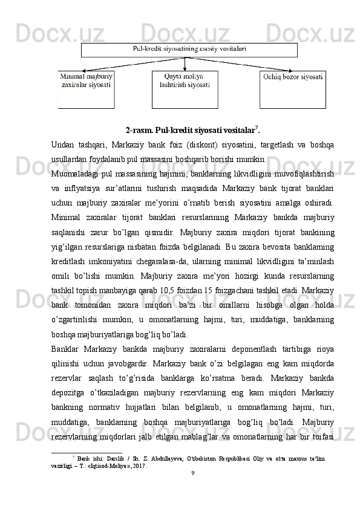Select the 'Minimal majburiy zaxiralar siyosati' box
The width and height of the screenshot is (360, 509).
point(86,89)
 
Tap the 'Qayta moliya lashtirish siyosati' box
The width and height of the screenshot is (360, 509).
point(185,89)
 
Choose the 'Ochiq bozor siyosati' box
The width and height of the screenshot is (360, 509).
point(292,89)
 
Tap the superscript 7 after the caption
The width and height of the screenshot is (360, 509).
point(242,127)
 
